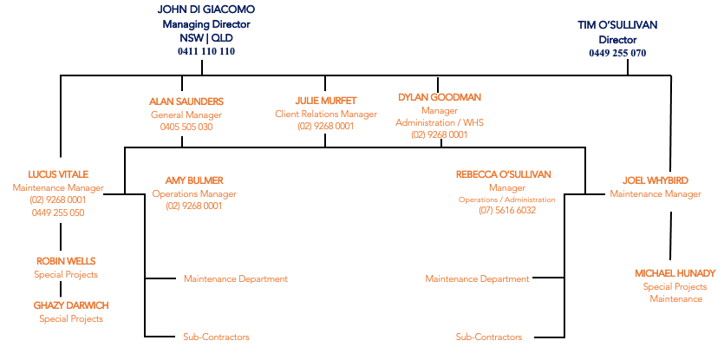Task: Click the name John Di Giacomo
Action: pos(206,10)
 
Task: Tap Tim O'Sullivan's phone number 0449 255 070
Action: pos(617,53)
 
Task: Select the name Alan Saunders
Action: pos(186,101)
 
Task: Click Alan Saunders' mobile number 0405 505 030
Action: pos(186,127)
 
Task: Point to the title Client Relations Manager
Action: pos(326,114)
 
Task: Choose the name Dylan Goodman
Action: pos(440,97)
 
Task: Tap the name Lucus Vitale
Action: pos(58,174)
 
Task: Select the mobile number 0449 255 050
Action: pos(58,213)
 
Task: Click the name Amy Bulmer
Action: pos(194,180)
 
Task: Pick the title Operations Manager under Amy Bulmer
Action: pos(194,193)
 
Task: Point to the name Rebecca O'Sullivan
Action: pos(504,174)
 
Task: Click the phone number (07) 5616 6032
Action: pos(507,210)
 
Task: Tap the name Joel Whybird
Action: pos(656,180)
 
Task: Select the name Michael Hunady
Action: pos(675,273)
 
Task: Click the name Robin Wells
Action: pos(66,262)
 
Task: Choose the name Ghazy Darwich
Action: pos(71,306)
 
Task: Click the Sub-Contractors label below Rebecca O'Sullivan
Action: pos(489,337)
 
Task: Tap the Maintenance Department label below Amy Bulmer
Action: pos(236,279)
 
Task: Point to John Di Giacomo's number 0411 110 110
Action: pos(206,52)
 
